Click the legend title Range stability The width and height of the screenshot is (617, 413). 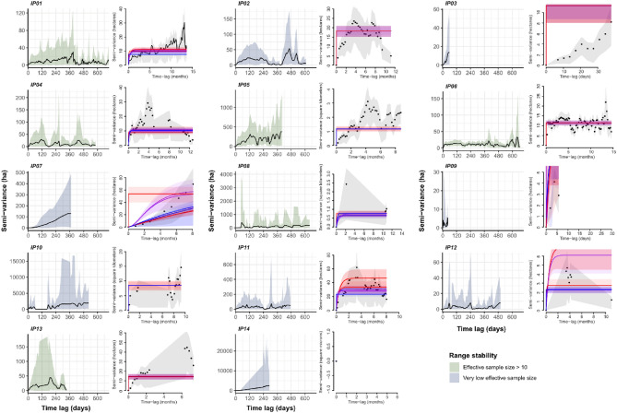point(480,354)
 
